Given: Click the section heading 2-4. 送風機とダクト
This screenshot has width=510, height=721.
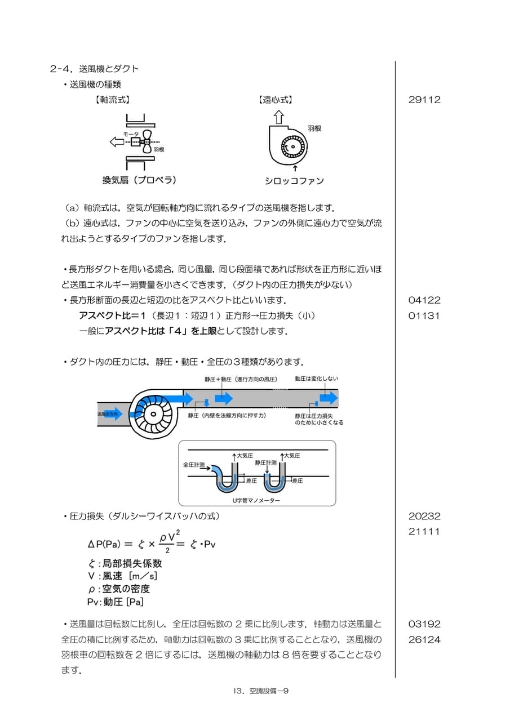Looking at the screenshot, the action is tap(94, 69).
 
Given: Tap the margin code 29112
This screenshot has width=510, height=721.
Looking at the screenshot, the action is tap(424, 100).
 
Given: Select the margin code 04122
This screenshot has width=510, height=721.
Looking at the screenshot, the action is tap(424, 300).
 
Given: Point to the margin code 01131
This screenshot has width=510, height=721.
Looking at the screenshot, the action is tap(424, 316).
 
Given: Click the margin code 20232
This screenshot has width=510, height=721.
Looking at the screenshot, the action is tap(424, 517).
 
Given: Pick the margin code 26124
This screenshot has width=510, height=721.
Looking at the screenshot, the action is tap(424, 639).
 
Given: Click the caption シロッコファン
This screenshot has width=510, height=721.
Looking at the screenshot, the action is tap(294, 181).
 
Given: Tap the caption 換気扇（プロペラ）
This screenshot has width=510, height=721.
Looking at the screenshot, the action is tap(139, 180).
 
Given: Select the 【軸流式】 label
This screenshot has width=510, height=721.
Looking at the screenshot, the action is tap(113, 100).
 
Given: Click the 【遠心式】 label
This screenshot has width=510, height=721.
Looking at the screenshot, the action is tap(276, 100).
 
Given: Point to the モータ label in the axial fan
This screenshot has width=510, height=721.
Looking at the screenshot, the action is tap(131, 134).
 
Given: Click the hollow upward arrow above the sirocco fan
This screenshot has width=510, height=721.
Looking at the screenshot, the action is tap(279, 117).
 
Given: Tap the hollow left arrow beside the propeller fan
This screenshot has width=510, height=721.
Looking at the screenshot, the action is tap(117, 141).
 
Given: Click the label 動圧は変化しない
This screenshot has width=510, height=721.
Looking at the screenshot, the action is tap(317, 379).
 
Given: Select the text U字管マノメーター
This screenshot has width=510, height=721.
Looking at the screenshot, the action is tap(256, 501).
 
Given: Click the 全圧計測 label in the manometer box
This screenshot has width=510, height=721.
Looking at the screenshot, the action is tap(194, 465).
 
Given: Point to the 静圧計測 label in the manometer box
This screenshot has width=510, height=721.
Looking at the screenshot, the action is tap(265, 462).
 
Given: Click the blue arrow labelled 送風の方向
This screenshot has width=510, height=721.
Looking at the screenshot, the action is tap(110, 414).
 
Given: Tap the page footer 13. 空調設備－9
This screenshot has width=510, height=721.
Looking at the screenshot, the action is tap(261, 691).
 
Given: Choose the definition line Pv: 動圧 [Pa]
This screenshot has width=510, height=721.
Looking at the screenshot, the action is tap(116, 602).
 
